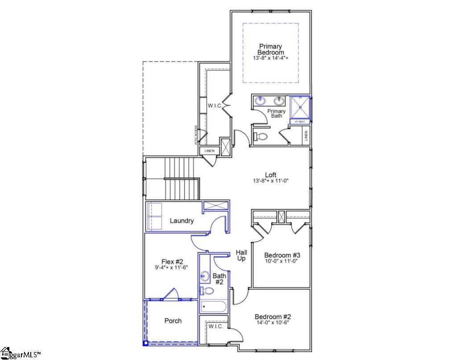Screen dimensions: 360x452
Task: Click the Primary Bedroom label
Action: [x=271, y=49]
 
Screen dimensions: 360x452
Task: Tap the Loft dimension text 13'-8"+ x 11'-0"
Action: [x=271, y=181]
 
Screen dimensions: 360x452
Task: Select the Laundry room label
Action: [x=181, y=221]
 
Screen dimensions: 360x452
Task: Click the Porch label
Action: [x=173, y=320]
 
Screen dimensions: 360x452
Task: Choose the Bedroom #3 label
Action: [x=282, y=255]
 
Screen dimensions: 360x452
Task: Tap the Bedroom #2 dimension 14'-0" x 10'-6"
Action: [x=273, y=323]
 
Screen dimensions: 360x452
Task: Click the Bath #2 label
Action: [x=219, y=279]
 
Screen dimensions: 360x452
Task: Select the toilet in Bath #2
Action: [x=207, y=291]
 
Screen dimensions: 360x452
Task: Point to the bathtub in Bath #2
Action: [x=213, y=307]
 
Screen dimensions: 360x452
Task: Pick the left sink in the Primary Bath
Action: [x=261, y=101]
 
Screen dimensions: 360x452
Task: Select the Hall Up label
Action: [x=241, y=255]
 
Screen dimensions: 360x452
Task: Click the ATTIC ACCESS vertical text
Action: [x=196, y=135]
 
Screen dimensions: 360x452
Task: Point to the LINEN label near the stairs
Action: [x=209, y=151]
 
